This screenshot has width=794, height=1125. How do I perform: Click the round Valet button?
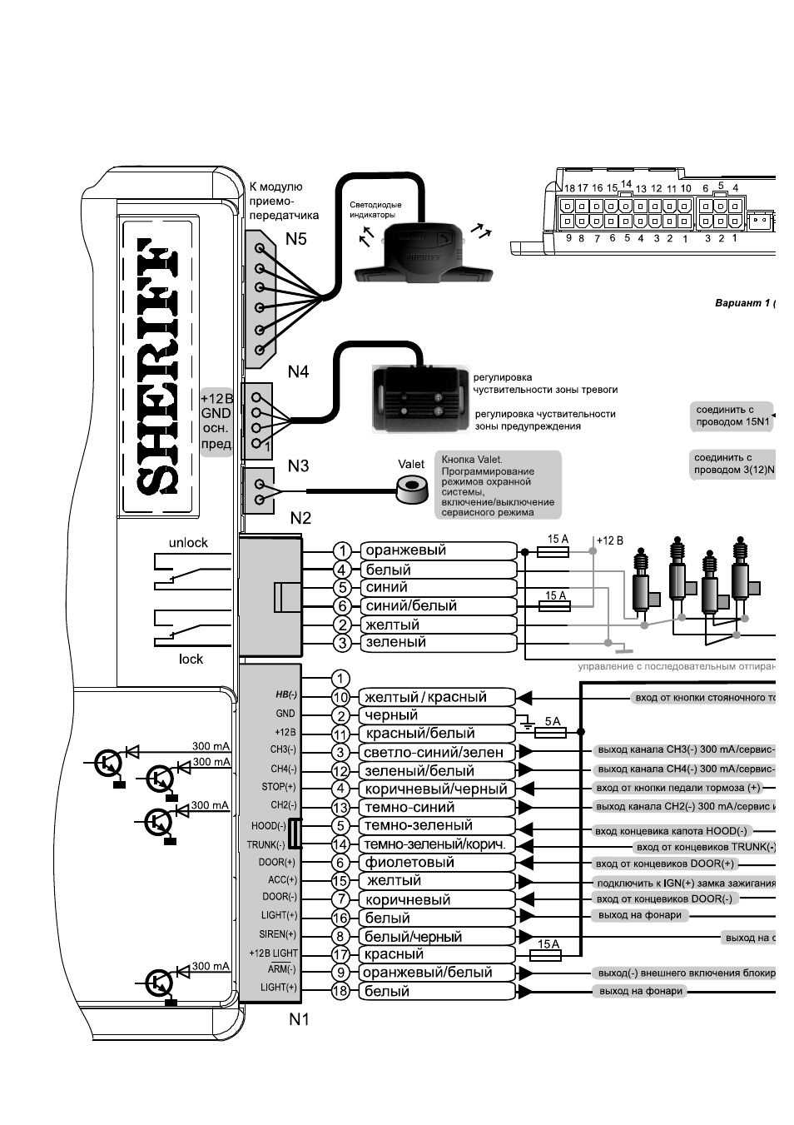click(x=411, y=490)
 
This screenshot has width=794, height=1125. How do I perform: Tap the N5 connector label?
click(x=296, y=239)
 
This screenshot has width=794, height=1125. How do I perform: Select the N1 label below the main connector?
click(x=299, y=1018)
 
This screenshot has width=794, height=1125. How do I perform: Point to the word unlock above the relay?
click(x=188, y=543)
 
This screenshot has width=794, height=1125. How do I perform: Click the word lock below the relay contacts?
click(x=191, y=659)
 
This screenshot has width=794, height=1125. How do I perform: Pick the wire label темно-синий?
click(x=409, y=807)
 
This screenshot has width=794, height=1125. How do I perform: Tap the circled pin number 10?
click(x=340, y=698)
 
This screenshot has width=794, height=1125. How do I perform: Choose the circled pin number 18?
click(x=340, y=991)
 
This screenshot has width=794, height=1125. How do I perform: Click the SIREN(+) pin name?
click(x=277, y=934)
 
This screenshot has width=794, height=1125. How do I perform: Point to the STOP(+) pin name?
click(x=278, y=787)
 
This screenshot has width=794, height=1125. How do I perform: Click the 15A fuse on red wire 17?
click(x=546, y=955)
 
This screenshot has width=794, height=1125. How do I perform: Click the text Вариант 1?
click(x=742, y=303)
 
